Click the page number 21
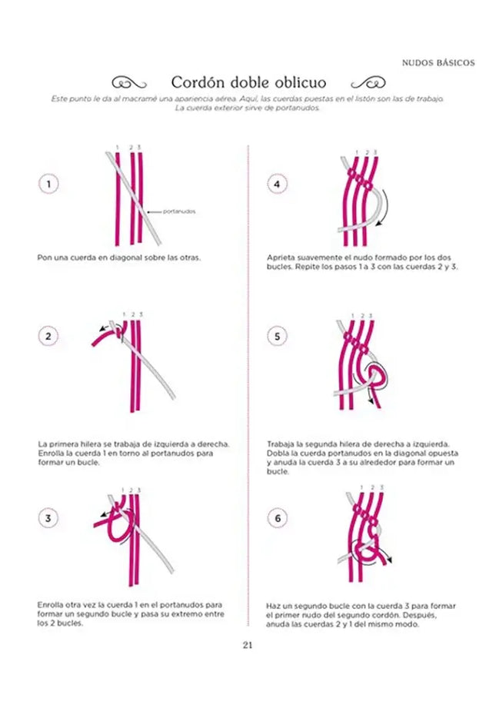248,644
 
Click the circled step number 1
48,184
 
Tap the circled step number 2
48,336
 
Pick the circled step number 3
48,518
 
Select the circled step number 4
278,184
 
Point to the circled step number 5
278,336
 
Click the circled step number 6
278,518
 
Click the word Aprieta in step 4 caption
280,258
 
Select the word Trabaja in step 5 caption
281,444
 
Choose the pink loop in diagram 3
115,530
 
